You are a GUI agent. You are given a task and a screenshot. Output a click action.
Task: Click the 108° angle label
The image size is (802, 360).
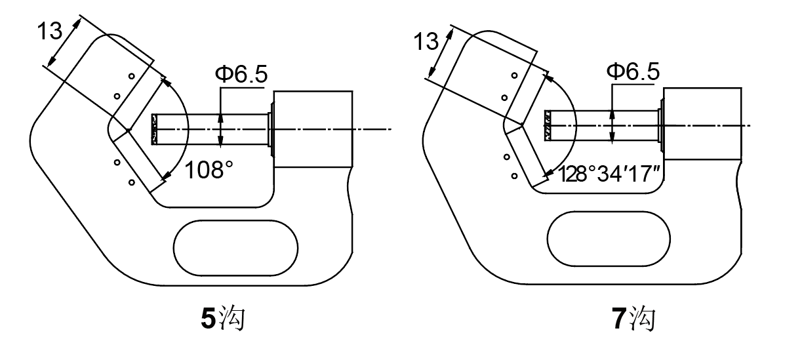tap(208, 170)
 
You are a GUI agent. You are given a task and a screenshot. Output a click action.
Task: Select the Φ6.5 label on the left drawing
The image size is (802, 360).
tap(241, 75)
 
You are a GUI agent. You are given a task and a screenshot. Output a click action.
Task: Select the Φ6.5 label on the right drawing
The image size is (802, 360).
tap(633, 71)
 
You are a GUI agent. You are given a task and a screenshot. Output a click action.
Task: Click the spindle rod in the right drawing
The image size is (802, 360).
tap(603, 125)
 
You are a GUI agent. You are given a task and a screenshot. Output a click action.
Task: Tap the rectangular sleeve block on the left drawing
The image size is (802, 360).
tap(313, 129)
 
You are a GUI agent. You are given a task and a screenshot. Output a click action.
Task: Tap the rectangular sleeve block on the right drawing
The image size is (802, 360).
tap(703, 123)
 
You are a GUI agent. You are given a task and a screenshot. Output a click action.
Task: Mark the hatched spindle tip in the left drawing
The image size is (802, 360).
tap(155, 129)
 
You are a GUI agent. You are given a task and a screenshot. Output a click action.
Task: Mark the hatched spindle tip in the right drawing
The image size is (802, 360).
tap(546, 125)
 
